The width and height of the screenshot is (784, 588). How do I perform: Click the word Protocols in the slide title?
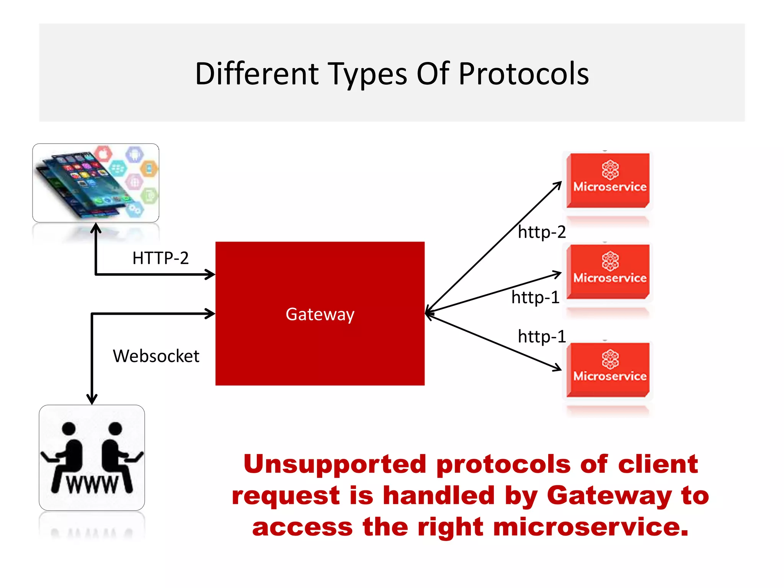coord(523,73)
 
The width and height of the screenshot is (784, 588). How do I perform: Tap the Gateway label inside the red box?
coord(320,314)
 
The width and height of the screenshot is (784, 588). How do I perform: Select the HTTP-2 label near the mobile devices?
coord(160,258)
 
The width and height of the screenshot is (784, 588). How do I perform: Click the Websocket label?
coord(156,356)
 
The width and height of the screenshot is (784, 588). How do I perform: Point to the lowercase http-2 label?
coord(541,232)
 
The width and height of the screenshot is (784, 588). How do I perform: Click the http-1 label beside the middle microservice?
coord(535,297)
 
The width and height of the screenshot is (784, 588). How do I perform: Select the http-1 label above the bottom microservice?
coord(541,336)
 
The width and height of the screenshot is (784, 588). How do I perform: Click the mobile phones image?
coord(96,183)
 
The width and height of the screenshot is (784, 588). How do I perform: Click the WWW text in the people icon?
coord(92,485)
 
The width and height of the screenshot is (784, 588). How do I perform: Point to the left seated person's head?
coord(69,428)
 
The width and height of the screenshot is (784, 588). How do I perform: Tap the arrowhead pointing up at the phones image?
coord(96,228)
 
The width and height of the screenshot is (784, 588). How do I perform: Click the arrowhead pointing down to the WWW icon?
coord(92,399)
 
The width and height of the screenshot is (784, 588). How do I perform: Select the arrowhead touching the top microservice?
coord(558,185)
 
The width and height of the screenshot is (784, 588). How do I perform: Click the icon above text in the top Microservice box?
coord(610,170)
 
